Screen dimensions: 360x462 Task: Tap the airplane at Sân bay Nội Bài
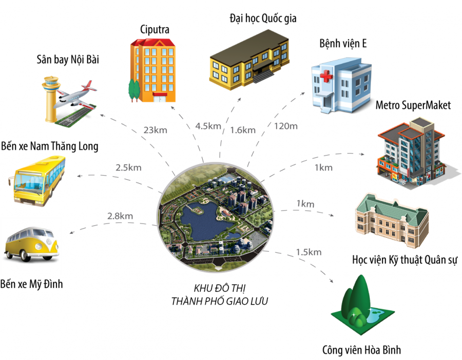pos(76,94)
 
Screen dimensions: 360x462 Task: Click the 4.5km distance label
pos(208,126)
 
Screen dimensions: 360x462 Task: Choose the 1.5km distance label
pos(308,252)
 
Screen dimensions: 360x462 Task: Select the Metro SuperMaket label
pos(413,105)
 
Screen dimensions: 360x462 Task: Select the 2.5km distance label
pos(128,167)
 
